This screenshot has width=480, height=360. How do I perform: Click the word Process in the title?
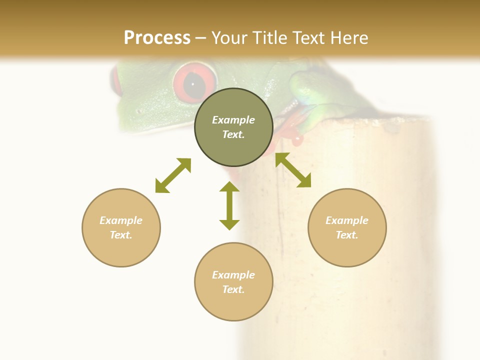[x=157, y=38]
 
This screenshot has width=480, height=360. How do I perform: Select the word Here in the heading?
[x=348, y=38]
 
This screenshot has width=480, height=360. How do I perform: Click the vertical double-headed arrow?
[x=229, y=205]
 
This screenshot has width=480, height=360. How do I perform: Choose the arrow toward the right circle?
[x=293, y=170]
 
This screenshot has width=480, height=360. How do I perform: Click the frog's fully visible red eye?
[x=195, y=81]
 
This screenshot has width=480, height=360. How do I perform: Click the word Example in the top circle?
[x=233, y=120]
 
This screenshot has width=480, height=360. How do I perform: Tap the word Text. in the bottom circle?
[x=233, y=289]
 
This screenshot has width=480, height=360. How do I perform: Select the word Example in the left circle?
[x=121, y=220]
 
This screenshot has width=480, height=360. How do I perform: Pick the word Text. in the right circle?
[x=347, y=235]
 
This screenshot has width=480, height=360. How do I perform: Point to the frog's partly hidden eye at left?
[x=116, y=80]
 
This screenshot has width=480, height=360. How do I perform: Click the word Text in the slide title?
[x=310, y=38]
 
